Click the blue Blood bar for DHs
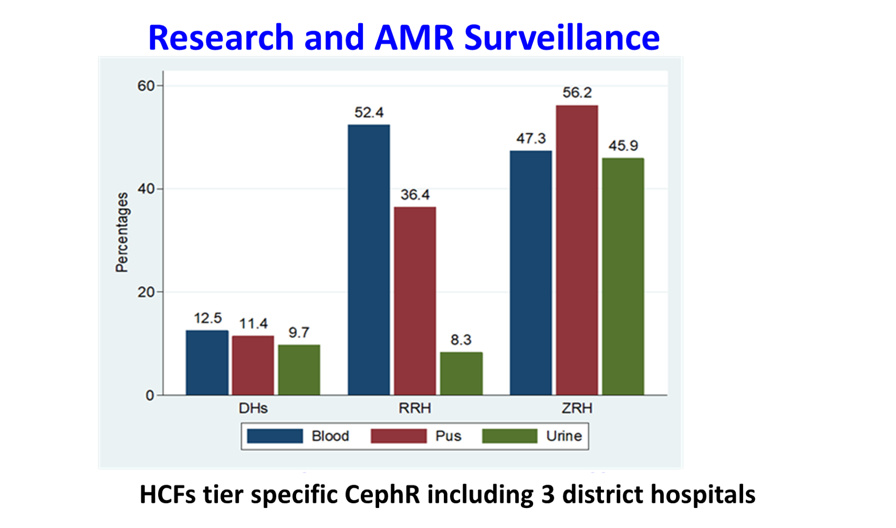point(207,363)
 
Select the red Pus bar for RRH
point(415,301)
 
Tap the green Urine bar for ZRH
point(623,276)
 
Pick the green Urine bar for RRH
point(461,373)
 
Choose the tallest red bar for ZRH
point(577,250)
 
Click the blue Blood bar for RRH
point(369,260)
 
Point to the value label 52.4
point(369,113)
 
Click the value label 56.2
point(577,93)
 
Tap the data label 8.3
point(461,340)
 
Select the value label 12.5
point(207,318)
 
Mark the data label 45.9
point(623,146)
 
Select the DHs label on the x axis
point(253,409)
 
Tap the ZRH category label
point(577,409)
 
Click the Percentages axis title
point(122,232)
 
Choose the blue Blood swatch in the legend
point(275,436)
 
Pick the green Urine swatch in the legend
point(509,436)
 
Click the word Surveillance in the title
point(562,38)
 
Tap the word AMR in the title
point(414,38)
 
